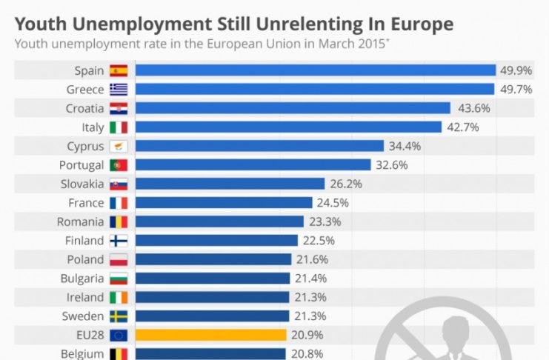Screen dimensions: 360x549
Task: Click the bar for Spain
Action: [315, 70]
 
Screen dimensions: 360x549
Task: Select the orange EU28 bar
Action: [211, 335]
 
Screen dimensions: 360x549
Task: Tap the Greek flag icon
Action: [119, 90]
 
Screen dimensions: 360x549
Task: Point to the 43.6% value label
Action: [474, 108]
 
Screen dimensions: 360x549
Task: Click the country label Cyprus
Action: [85, 146]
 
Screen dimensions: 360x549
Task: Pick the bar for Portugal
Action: [253, 164]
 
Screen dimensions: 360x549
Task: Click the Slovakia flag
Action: [119, 184]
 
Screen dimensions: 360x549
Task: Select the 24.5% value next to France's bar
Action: [333, 202]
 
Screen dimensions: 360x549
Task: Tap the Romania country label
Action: [81, 221]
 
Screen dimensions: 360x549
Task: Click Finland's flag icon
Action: [119, 241]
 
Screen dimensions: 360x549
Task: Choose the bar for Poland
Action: [213, 259]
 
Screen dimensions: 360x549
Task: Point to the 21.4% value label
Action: [310, 279]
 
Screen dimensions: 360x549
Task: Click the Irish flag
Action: [119, 297]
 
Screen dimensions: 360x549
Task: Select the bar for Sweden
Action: [213, 316]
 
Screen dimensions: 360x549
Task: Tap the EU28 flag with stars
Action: [119, 335]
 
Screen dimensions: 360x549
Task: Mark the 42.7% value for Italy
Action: [462, 127]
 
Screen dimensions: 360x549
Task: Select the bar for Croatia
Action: [293, 108]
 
